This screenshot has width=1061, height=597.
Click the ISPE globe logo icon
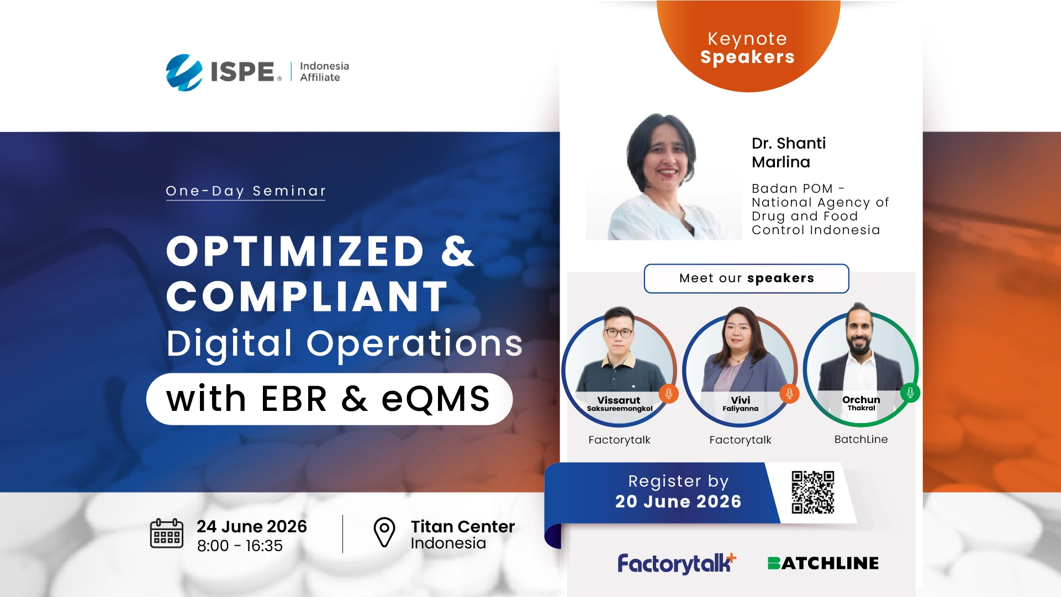click(x=184, y=72)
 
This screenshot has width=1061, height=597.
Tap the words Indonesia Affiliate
click(x=324, y=72)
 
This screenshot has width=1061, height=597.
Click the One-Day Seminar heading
click(x=246, y=191)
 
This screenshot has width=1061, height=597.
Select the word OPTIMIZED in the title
click(x=295, y=251)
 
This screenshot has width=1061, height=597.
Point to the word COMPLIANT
click(x=307, y=297)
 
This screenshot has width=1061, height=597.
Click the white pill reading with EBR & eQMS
click(x=329, y=399)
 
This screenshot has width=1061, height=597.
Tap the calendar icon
click(x=166, y=533)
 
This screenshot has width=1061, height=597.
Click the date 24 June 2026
click(x=252, y=526)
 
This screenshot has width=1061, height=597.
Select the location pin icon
click(x=384, y=532)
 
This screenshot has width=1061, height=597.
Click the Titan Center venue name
click(x=463, y=526)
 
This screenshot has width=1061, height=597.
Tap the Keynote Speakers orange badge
click(x=748, y=46)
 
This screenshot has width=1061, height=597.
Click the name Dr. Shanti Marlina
click(x=789, y=152)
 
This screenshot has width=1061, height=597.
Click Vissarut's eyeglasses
click(x=619, y=332)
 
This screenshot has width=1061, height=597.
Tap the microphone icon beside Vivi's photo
click(x=789, y=393)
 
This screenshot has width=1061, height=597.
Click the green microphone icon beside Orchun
click(x=910, y=393)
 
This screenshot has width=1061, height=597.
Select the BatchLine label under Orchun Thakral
click(x=861, y=439)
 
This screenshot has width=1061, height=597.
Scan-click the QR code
click(x=812, y=492)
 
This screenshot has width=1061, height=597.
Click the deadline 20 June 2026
click(x=678, y=501)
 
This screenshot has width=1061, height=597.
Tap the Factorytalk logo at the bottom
click(x=677, y=563)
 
